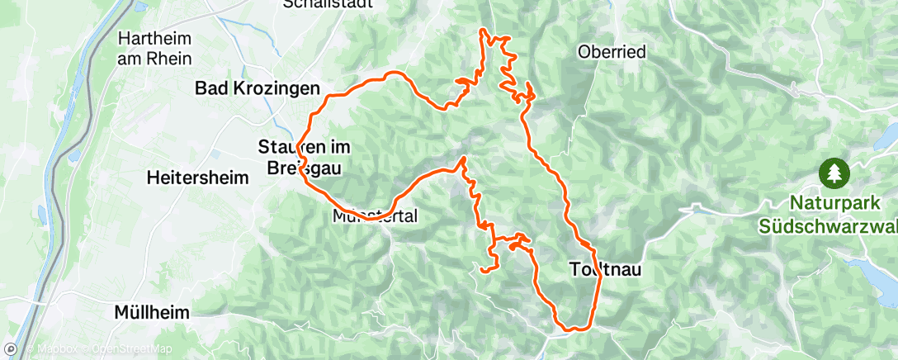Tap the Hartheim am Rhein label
point(155,49)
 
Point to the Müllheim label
point(151,313)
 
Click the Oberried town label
point(612,52)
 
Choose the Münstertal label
point(376,217)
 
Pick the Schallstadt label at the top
point(324,4)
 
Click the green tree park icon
point(834,173)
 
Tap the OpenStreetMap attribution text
point(124,349)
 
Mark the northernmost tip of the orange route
point(483,31)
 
